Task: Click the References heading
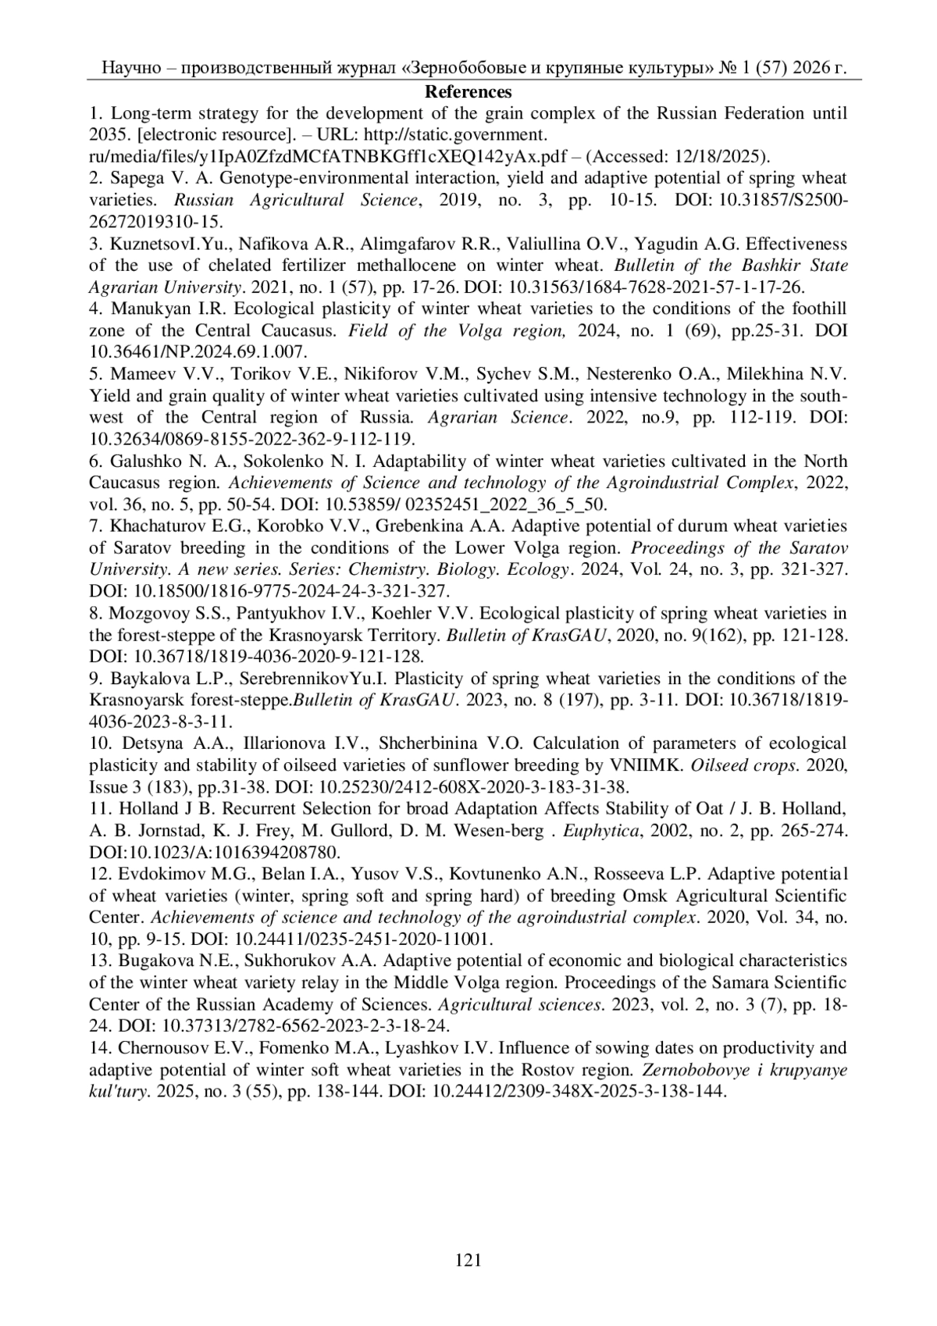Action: coord(468,92)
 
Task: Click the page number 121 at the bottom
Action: coord(468,1259)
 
